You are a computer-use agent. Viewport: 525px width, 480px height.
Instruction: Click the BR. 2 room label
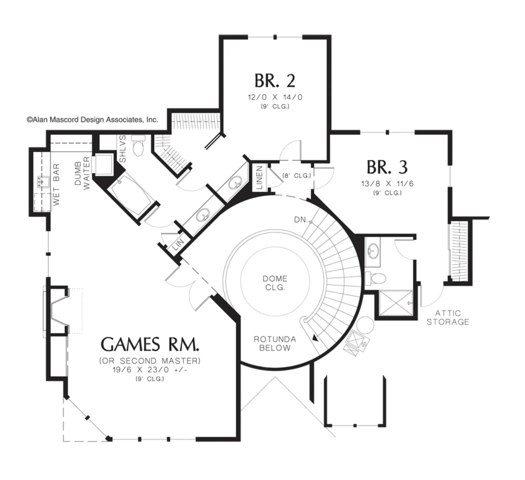click(275, 81)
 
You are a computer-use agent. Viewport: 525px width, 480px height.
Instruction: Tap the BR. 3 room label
click(387, 167)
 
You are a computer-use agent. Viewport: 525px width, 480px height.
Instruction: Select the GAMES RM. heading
click(150, 344)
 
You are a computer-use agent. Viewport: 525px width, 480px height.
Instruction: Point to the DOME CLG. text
click(275, 283)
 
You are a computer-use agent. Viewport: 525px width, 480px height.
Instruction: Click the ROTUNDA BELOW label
click(275, 343)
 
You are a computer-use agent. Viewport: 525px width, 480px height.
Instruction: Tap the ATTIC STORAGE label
click(448, 318)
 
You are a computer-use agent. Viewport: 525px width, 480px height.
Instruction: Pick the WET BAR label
click(56, 184)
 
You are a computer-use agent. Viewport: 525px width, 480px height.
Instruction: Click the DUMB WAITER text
click(82, 174)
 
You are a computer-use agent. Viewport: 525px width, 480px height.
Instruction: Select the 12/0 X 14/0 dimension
click(275, 97)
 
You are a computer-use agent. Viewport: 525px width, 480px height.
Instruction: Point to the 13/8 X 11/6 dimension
click(388, 184)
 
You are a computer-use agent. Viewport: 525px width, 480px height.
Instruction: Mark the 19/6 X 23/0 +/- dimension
click(150, 370)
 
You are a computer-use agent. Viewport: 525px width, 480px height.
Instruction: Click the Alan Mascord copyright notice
click(92, 120)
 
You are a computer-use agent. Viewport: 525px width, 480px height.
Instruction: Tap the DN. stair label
click(301, 220)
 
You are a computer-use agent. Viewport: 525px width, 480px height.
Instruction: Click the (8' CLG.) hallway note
click(297, 175)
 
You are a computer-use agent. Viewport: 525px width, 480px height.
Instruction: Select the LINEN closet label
click(260, 178)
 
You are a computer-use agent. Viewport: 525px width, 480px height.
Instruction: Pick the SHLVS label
click(123, 149)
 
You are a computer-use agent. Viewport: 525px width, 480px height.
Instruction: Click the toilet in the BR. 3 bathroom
click(375, 278)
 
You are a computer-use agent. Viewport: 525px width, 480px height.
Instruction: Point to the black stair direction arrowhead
click(315, 338)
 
